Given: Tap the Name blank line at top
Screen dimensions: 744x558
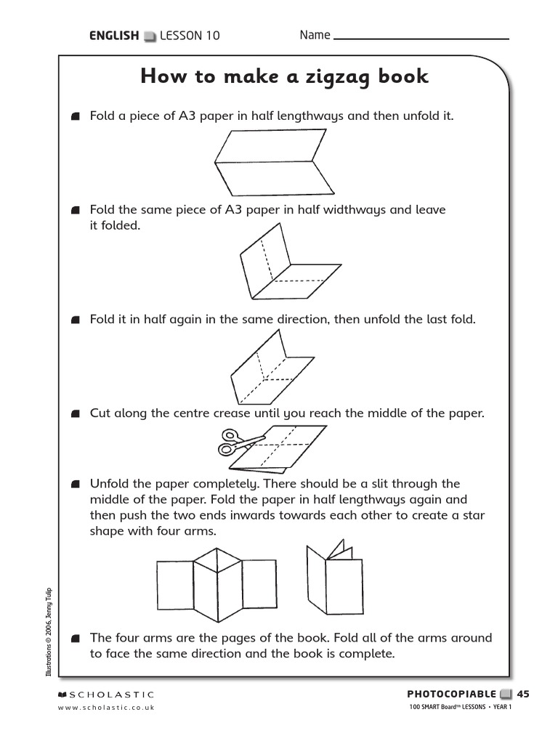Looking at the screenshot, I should [x=421, y=38].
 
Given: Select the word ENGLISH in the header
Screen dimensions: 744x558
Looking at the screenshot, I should [x=113, y=36].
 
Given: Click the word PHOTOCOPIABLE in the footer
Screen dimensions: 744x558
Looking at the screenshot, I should [x=451, y=694].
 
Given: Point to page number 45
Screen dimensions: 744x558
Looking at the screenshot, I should [x=523, y=694].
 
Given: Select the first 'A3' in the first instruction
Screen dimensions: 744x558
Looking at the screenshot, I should [x=187, y=116].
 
